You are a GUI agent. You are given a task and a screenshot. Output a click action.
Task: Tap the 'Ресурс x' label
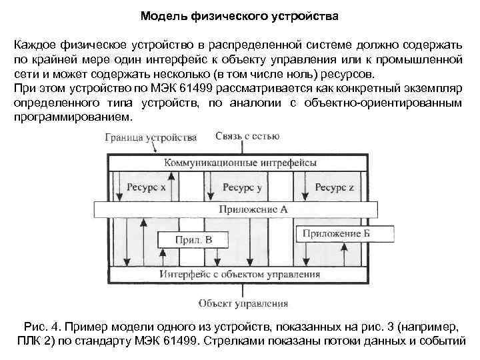tap(147, 187)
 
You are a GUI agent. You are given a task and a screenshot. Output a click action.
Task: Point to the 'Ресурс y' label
tap(241, 187)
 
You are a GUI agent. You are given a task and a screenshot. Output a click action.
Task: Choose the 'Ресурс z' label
tap(335, 187)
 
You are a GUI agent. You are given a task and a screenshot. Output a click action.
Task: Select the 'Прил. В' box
tap(193, 240)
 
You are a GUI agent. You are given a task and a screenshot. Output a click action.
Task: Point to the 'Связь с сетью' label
tap(247, 137)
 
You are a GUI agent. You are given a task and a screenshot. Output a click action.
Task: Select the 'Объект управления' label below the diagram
tap(243, 303)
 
